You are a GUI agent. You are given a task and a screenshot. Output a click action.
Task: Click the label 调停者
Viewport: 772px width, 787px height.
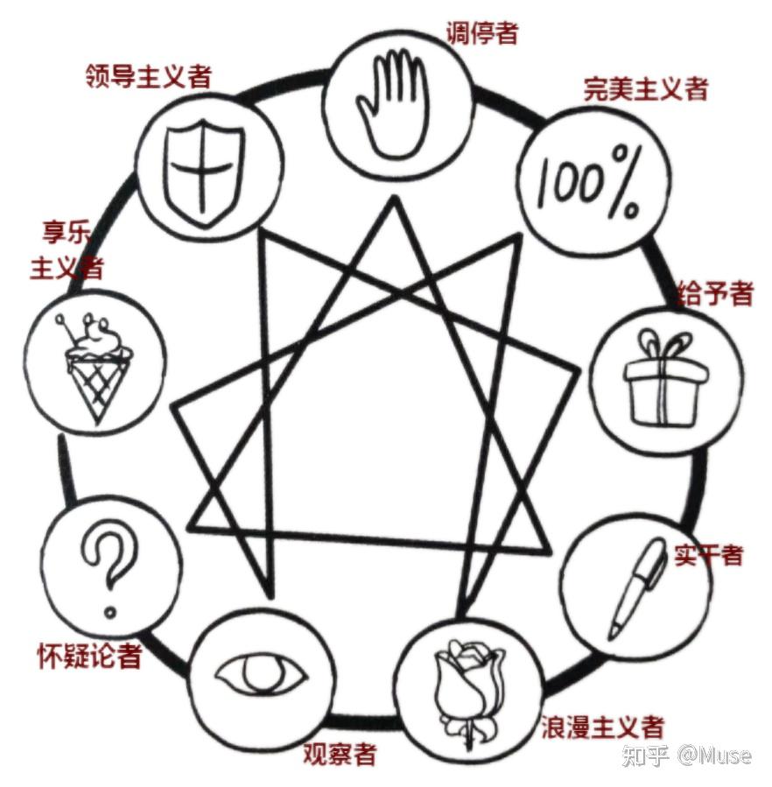click(482, 33)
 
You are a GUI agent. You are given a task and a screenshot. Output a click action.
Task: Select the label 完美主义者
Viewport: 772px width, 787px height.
click(646, 88)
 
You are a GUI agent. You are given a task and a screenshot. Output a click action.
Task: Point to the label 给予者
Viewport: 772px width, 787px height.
click(715, 293)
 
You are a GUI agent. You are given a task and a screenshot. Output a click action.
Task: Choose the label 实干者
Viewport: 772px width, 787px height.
click(709, 554)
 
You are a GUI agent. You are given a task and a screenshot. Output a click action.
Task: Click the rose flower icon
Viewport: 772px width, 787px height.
click(469, 687)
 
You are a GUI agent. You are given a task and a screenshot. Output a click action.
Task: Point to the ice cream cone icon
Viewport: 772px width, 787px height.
click(94, 369)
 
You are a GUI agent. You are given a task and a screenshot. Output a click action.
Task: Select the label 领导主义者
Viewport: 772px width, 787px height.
click(149, 76)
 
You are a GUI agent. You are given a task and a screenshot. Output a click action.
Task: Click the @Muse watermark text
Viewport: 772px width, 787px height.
click(713, 755)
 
